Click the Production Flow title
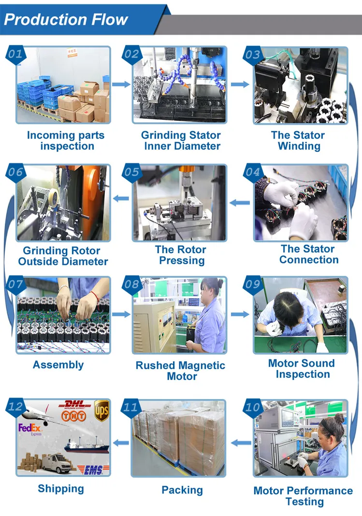pyautogui.click(x=66, y=19)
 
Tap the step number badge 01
pyautogui.click(x=15, y=54)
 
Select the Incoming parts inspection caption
pyautogui.click(x=66, y=141)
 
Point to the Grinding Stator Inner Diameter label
pyautogui.click(x=181, y=141)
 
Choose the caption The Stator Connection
pyautogui.click(x=308, y=254)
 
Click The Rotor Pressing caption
pyautogui.click(x=181, y=255)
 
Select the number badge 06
pyautogui.click(x=15, y=172)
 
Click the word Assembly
pyautogui.click(x=58, y=365)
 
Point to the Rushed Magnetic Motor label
pyautogui.click(x=181, y=371)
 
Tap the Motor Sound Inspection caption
pyautogui.click(x=302, y=369)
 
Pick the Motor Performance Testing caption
pyautogui.click(x=303, y=496)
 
